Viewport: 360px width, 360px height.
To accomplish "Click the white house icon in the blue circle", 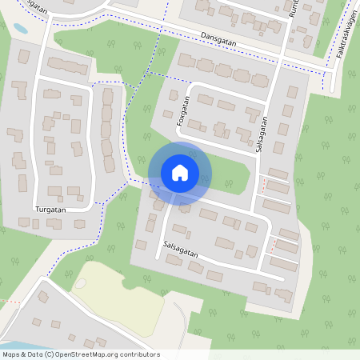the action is pos(180,173).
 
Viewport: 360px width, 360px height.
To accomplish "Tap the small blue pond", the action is pos(19,28).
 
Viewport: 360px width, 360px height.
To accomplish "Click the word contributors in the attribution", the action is pos(141,354).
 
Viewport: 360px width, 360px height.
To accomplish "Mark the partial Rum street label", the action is pos(294,10).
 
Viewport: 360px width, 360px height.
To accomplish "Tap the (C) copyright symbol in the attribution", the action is pos(49,354).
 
